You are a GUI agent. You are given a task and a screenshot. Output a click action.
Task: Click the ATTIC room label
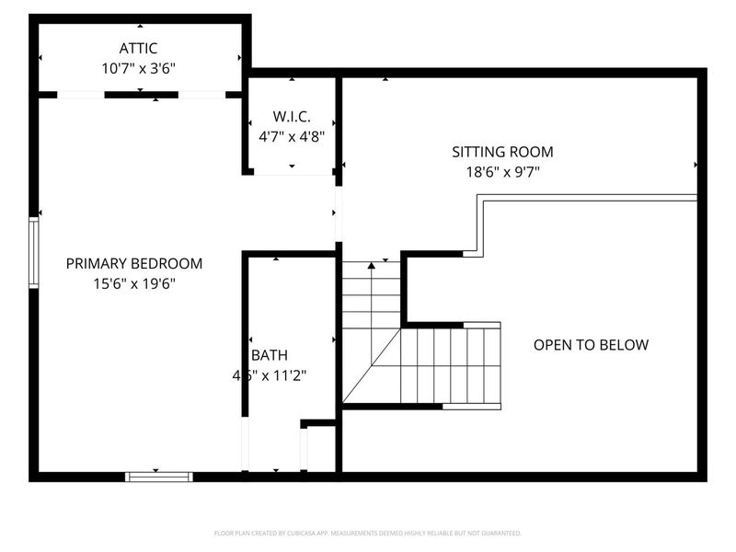pos(139,48)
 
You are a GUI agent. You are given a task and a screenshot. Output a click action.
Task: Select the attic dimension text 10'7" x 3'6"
pos(139,67)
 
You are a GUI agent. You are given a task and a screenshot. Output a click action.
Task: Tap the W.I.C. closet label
pos(292,117)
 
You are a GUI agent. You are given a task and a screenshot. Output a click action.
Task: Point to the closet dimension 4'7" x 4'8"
pos(292,136)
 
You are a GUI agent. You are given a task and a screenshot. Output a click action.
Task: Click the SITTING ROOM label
pos(502,152)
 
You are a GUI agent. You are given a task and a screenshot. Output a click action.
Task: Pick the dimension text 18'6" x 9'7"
pos(502,171)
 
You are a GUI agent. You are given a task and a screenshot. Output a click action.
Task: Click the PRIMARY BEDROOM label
pos(134,263)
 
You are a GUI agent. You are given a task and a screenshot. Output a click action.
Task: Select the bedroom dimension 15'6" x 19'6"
pos(134,283)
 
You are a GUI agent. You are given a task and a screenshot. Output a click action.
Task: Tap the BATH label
pos(270,355)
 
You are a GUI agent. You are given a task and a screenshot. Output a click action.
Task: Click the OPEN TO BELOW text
pos(591,345)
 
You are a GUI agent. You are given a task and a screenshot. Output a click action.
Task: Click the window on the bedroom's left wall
pos(34,252)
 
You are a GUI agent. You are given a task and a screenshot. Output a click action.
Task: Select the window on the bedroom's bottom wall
pos(159,476)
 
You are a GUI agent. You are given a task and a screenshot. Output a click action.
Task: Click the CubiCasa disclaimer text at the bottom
pos(368,533)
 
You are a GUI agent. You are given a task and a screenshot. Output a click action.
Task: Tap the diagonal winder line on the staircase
pos(373,365)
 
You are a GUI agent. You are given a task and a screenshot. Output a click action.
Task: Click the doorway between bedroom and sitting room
pos(338,213)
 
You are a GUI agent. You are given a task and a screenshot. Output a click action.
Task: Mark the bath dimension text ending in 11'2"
pos(270,375)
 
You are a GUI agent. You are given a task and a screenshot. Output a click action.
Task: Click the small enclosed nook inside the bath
pos(320,449)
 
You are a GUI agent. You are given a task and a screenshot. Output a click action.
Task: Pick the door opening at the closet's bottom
pos(292,172)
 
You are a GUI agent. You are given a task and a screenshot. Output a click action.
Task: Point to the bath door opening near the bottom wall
pos(246,445)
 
